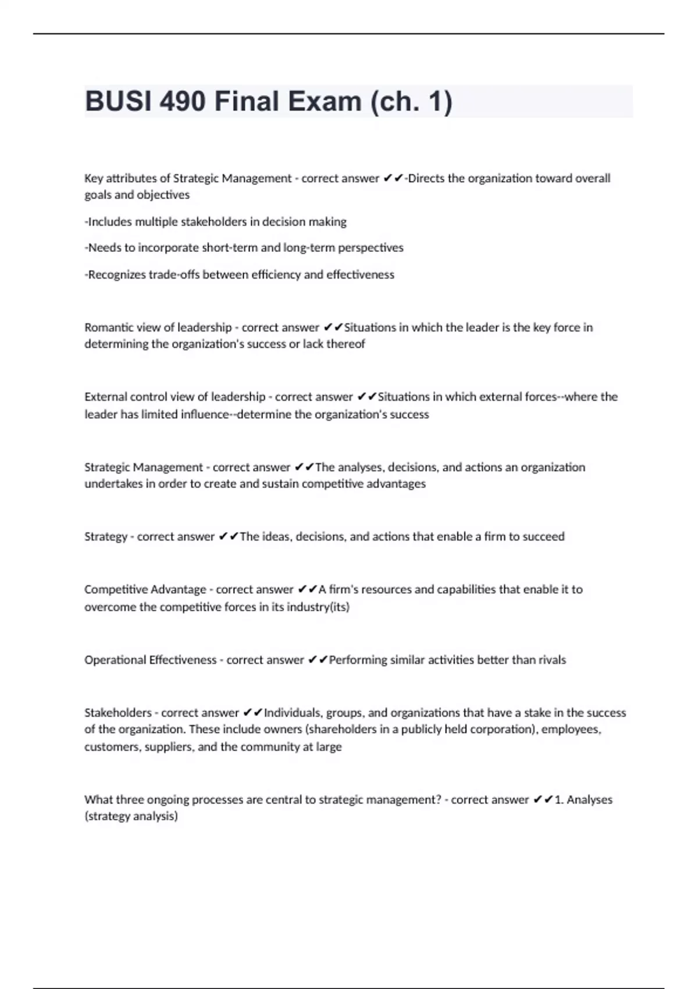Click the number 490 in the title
click(181, 102)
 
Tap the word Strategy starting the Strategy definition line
click(105, 536)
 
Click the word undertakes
click(113, 484)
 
